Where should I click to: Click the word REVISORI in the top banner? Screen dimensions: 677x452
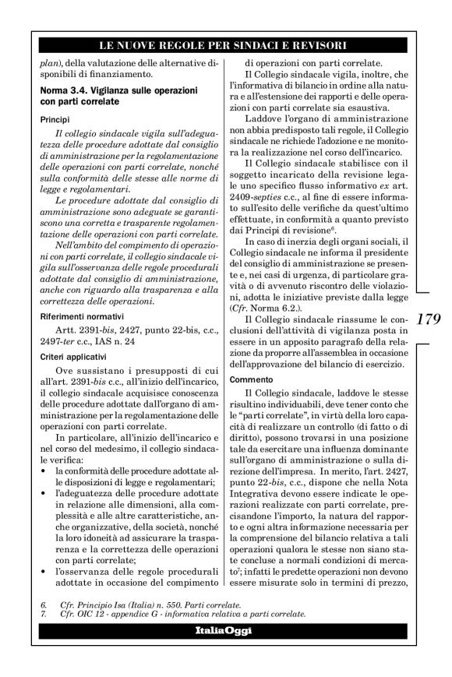318,45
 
